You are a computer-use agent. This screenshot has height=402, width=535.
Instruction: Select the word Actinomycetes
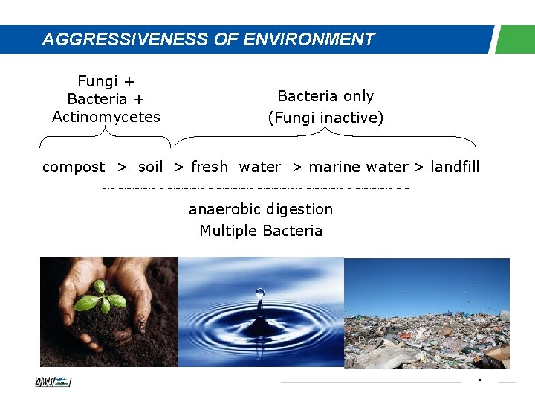point(106,117)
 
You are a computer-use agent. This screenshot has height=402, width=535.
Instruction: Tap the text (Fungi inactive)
point(325,118)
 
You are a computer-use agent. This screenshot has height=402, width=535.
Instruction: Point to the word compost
point(74,167)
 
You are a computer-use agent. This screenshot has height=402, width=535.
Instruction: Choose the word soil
point(151,167)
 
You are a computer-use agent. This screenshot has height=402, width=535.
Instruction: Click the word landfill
point(455,167)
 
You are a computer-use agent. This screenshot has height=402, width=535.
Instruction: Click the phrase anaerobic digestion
point(261,209)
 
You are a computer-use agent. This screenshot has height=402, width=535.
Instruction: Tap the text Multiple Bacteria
point(261,231)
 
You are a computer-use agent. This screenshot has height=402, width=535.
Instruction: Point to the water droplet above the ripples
point(259,295)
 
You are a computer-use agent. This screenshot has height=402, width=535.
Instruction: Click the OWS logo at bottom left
point(53,382)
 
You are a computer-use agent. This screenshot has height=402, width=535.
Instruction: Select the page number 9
point(480,381)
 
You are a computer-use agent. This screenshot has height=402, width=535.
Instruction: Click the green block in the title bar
point(515,39)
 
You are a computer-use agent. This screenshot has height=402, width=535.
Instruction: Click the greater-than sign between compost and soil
point(121,167)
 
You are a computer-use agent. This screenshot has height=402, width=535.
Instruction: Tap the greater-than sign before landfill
point(418,167)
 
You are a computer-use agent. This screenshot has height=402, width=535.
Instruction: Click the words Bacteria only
point(325,96)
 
